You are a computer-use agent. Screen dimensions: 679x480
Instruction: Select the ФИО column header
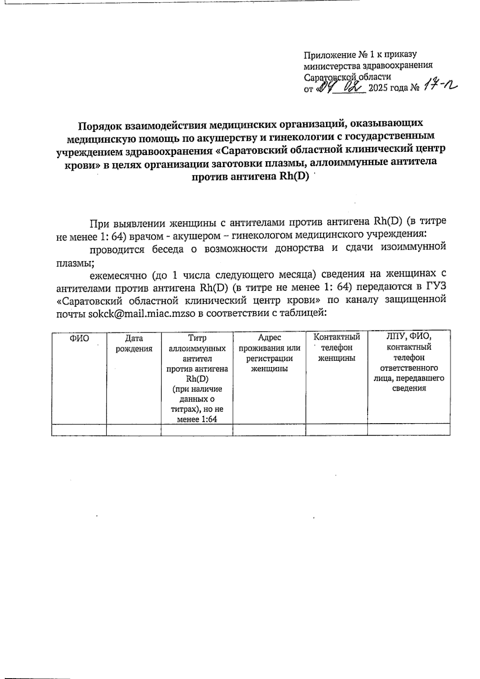coord(79,339)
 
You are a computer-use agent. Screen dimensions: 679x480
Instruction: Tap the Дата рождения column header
coord(134,344)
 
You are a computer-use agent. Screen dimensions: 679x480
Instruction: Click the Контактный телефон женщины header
coord(336,348)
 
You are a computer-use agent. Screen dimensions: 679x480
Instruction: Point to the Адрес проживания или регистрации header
coord(269,353)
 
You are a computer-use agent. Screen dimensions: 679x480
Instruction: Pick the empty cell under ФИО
coord(79,430)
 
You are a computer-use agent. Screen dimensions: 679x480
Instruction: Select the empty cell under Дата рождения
coord(134,430)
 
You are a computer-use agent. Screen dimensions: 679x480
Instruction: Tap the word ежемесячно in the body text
coord(118,275)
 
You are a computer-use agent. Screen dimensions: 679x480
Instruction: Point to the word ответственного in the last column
coord(409,368)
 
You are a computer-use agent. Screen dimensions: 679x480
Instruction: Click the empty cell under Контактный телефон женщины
coord(336,430)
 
